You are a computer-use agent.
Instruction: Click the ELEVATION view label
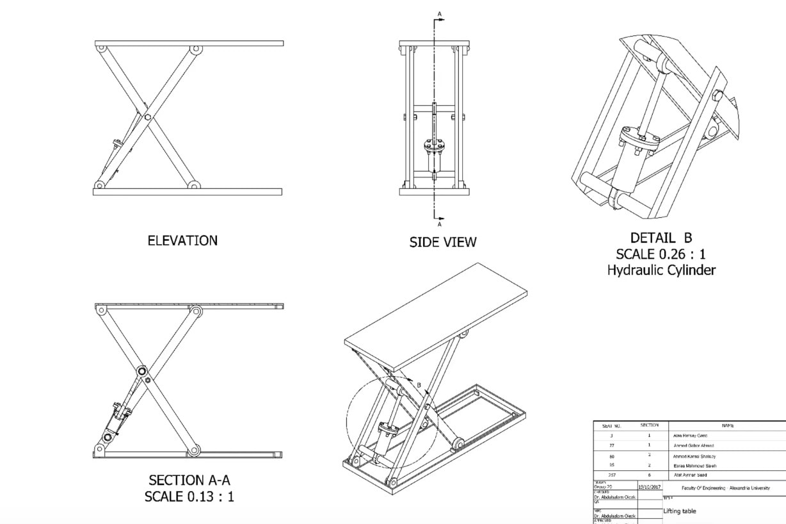[182, 241]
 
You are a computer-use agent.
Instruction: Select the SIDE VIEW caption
[442, 242]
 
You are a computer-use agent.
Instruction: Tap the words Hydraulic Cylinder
[661, 270]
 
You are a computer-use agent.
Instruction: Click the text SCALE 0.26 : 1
[661, 254]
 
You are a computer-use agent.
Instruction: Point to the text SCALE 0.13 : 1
[189, 496]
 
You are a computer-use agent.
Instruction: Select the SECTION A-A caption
[189, 480]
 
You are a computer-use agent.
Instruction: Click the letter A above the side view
[439, 13]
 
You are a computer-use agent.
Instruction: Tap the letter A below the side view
[439, 225]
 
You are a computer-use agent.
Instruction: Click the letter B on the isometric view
[419, 386]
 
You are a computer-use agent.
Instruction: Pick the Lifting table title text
[679, 511]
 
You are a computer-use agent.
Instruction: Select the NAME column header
[727, 425]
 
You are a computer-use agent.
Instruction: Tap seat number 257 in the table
[611, 475]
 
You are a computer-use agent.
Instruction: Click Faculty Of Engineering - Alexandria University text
[725, 487]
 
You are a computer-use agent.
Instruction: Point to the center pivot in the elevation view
[147, 117]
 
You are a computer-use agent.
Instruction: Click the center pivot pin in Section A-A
[141, 371]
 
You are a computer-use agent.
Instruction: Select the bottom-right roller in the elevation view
[193, 185]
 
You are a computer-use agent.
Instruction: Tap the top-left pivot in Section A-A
[100, 309]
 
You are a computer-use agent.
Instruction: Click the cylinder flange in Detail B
[638, 142]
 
